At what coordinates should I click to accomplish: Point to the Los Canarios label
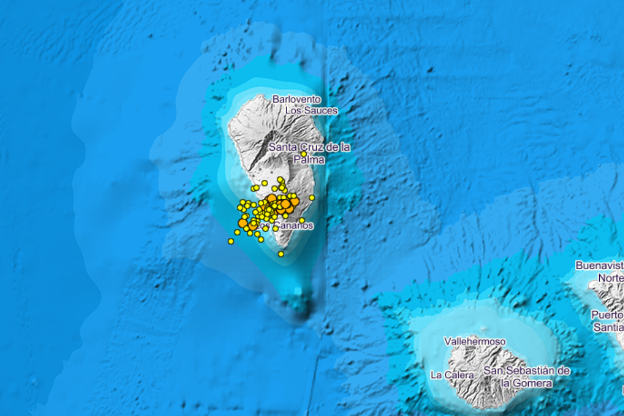coord(286,225)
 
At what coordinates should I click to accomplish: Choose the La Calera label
coord(452,375)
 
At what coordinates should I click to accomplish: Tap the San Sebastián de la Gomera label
coord(527,377)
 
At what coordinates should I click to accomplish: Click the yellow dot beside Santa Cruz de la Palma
coord(304,154)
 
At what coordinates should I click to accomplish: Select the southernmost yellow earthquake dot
coord(281,254)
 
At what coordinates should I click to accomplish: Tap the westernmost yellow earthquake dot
coord(231,241)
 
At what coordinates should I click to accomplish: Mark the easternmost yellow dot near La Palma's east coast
coord(312,198)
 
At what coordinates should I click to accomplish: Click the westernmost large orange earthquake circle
coord(243,222)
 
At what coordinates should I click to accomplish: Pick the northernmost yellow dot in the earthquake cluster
coord(280,180)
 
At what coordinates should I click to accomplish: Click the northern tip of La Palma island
coord(254,97)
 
